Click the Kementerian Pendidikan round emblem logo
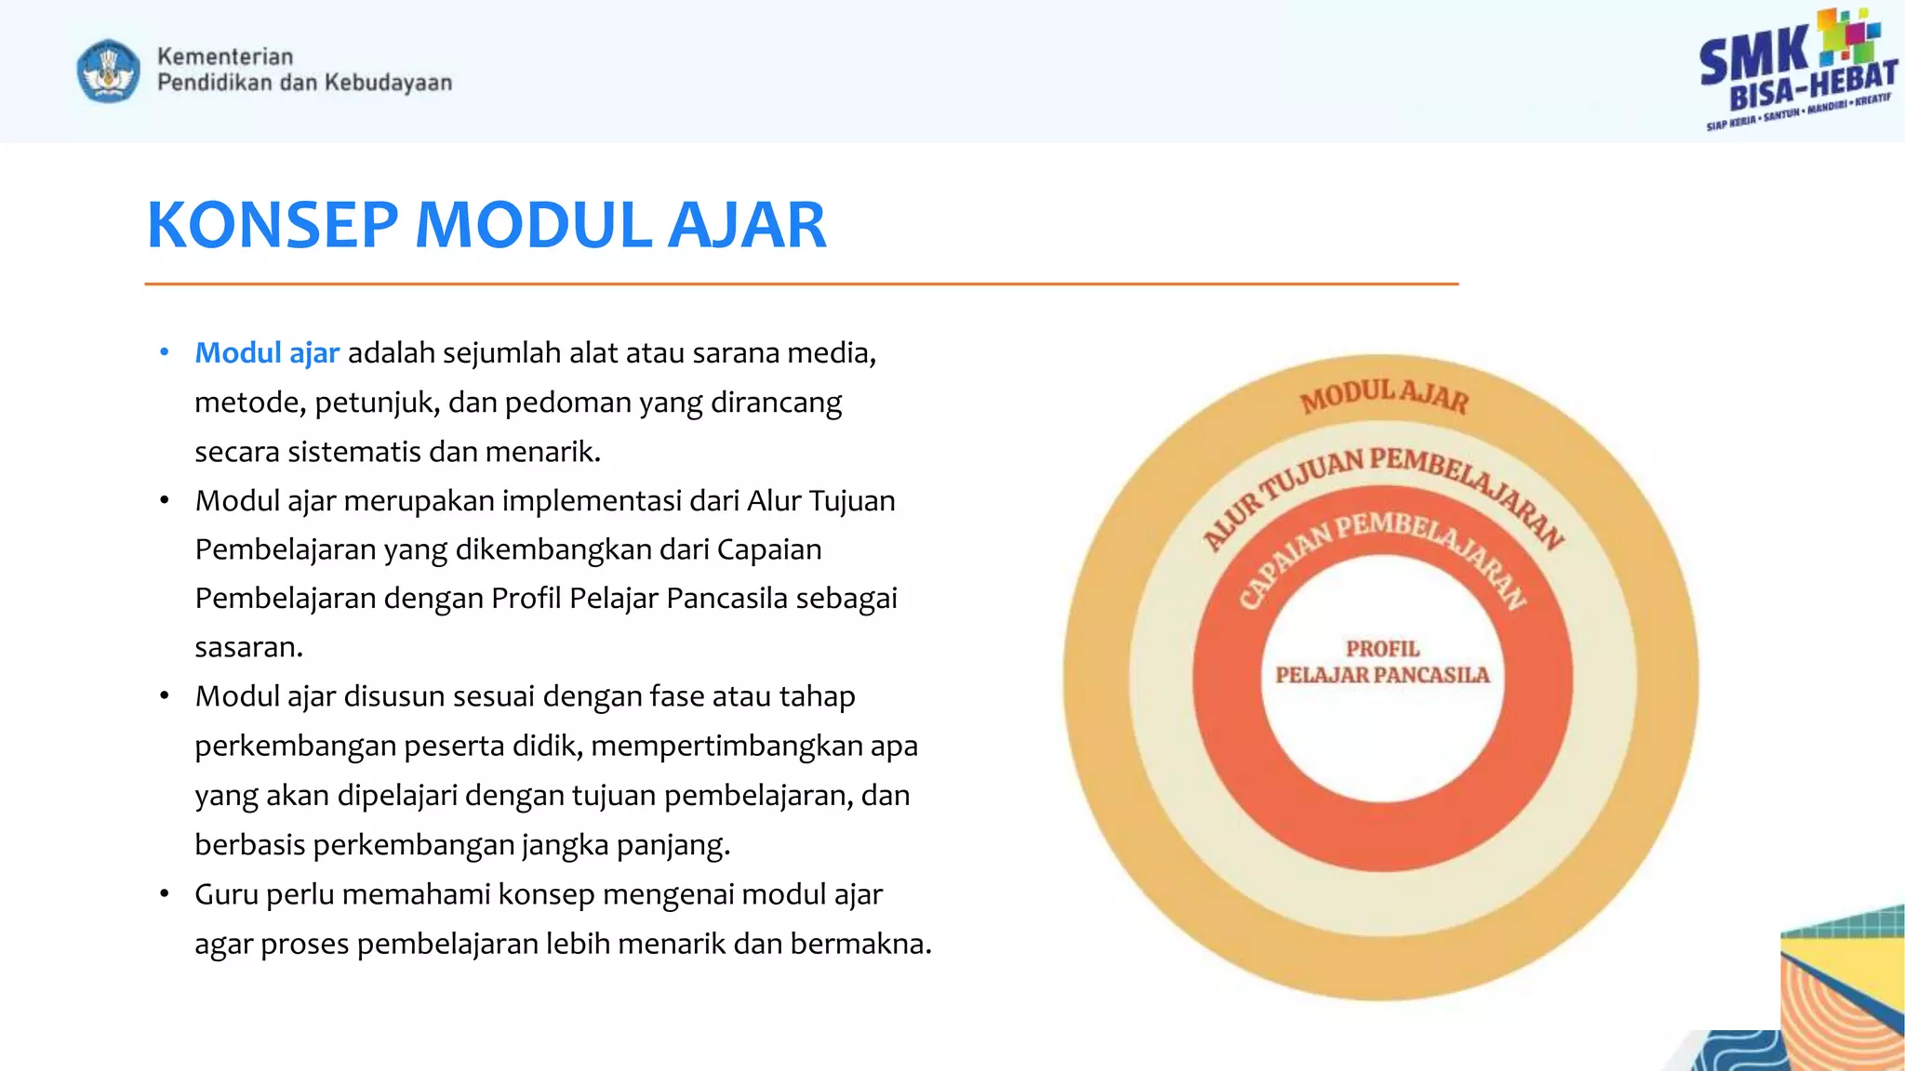tap(109, 71)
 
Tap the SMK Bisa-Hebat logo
tap(1797, 71)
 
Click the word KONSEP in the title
tap(273, 226)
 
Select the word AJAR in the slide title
tap(747, 226)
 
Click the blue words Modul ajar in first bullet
tap(267, 353)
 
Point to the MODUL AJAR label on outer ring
tap(1384, 395)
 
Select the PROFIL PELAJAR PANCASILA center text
tap(1382, 662)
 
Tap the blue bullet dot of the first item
tap(165, 352)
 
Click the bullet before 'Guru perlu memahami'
tap(165, 894)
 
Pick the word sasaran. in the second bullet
tap(248, 647)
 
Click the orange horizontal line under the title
tap(800, 284)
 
